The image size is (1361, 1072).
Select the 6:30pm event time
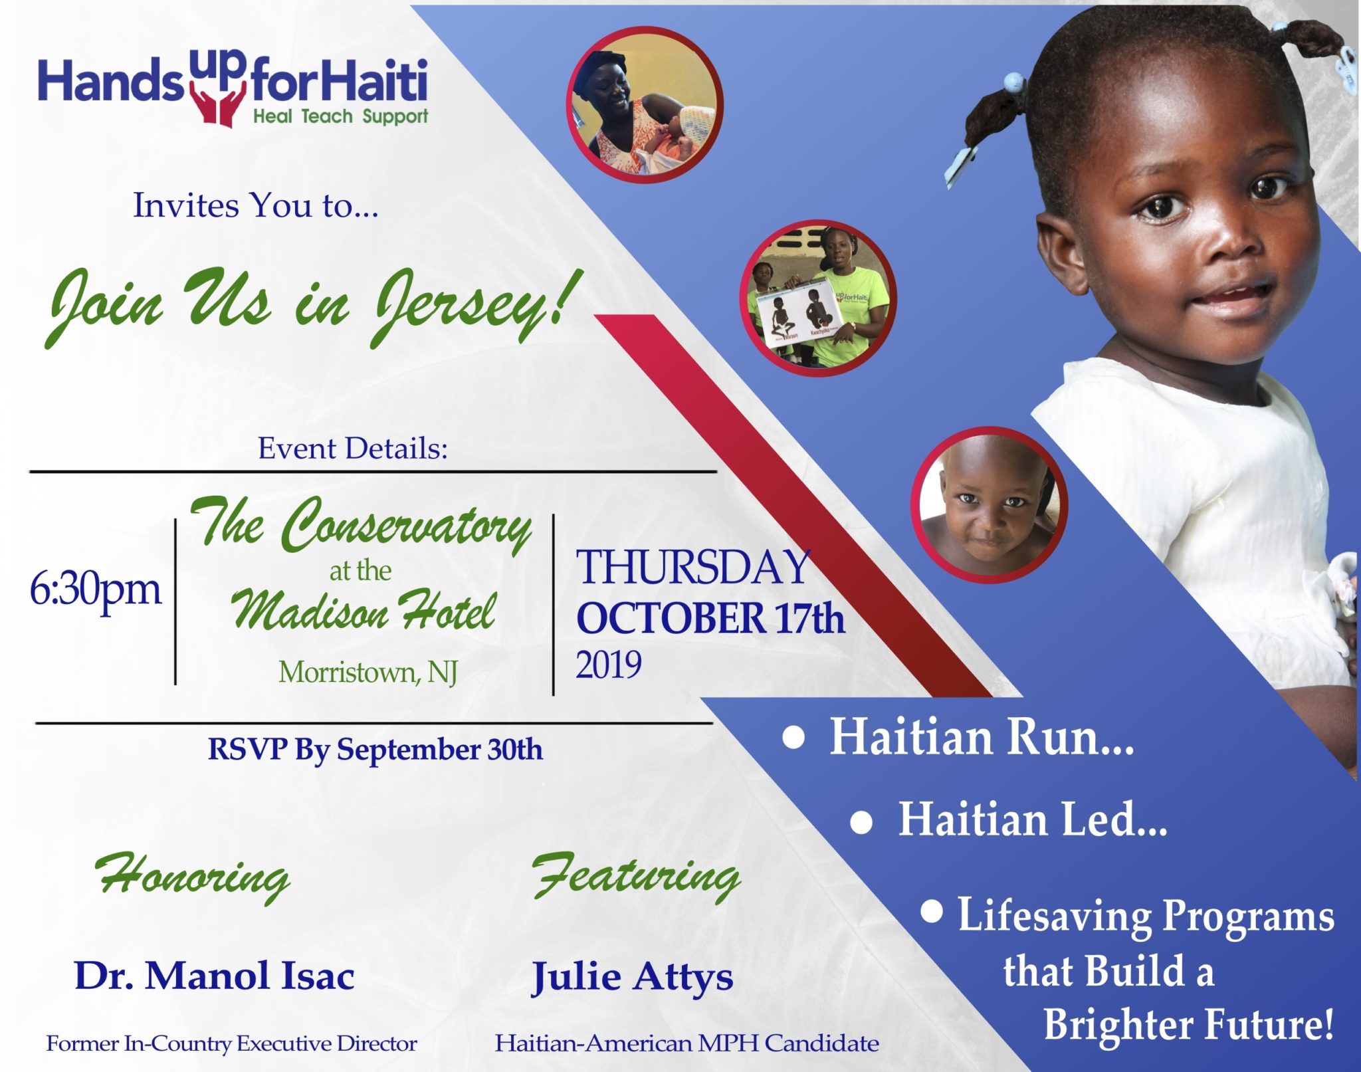pyautogui.click(x=96, y=589)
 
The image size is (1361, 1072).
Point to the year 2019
pyautogui.click(x=609, y=665)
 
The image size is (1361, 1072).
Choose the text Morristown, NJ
pyautogui.click(x=368, y=673)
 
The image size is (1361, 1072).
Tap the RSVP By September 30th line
pyautogui.click(x=375, y=750)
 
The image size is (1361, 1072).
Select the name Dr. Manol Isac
pyautogui.click(x=215, y=976)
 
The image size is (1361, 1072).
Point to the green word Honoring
pyautogui.click(x=193, y=877)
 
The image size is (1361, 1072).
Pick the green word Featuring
pyautogui.click(x=636, y=875)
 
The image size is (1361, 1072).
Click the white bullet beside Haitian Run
pyautogui.click(x=793, y=738)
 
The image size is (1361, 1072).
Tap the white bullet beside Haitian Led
pyautogui.click(x=861, y=823)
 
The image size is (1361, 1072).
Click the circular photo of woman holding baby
pyautogui.click(x=645, y=105)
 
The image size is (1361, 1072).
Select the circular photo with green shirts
pyautogui.click(x=818, y=298)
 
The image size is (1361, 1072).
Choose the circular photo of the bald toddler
pyautogui.click(x=990, y=505)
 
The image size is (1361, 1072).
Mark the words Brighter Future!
pyautogui.click(x=1189, y=1024)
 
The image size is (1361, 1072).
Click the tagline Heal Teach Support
pyautogui.click(x=340, y=117)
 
